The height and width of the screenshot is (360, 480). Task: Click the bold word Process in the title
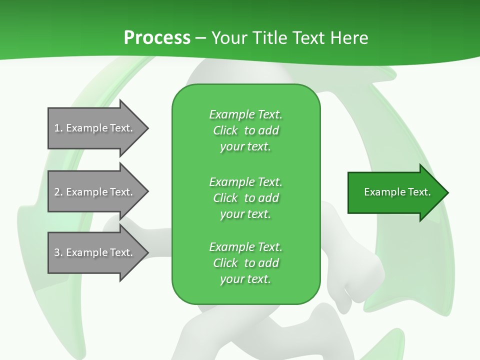(x=157, y=38)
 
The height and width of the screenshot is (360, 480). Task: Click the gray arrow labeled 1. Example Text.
(x=95, y=128)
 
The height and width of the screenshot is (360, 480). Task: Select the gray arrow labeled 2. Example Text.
(x=95, y=192)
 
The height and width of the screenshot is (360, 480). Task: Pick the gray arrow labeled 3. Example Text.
(x=95, y=252)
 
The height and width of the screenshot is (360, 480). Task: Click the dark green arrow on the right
(x=395, y=192)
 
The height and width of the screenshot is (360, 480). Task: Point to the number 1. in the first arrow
(x=58, y=128)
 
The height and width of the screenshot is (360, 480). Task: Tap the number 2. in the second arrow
(x=58, y=192)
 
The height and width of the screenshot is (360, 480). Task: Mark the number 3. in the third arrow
(x=58, y=252)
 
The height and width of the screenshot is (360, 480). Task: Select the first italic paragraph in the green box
(x=245, y=130)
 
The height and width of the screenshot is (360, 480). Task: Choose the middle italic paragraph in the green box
(x=245, y=197)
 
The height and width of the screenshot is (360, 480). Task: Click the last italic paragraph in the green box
(x=245, y=263)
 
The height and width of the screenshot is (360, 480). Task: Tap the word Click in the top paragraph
(x=225, y=130)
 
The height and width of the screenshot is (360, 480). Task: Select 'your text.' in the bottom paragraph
(x=245, y=279)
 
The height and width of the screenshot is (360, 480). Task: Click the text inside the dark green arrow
(x=397, y=192)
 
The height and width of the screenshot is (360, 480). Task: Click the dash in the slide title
(x=201, y=38)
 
